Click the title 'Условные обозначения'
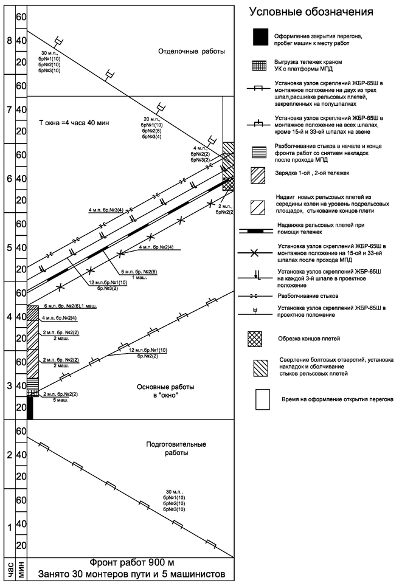(x=311, y=12)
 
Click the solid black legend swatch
(x=260, y=37)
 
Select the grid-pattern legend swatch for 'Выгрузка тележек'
(x=260, y=66)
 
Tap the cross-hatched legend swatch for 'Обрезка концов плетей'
(x=255, y=339)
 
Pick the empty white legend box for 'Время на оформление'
(x=263, y=399)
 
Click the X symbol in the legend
(x=254, y=253)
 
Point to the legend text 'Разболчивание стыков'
(x=308, y=296)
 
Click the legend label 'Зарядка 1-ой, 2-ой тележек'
(x=312, y=173)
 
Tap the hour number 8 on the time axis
(x=9, y=40)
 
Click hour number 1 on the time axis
(x=9, y=527)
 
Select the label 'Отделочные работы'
(x=192, y=51)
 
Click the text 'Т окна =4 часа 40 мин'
(x=74, y=123)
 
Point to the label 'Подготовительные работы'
(x=176, y=449)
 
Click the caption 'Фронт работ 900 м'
(x=131, y=562)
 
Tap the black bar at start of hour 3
(x=30, y=408)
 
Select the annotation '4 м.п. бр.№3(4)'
(x=106, y=210)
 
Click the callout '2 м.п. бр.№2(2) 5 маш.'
(x=60, y=398)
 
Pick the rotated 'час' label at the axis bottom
(x=9, y=570)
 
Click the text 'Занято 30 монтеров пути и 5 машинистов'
(x=131, y=574)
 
